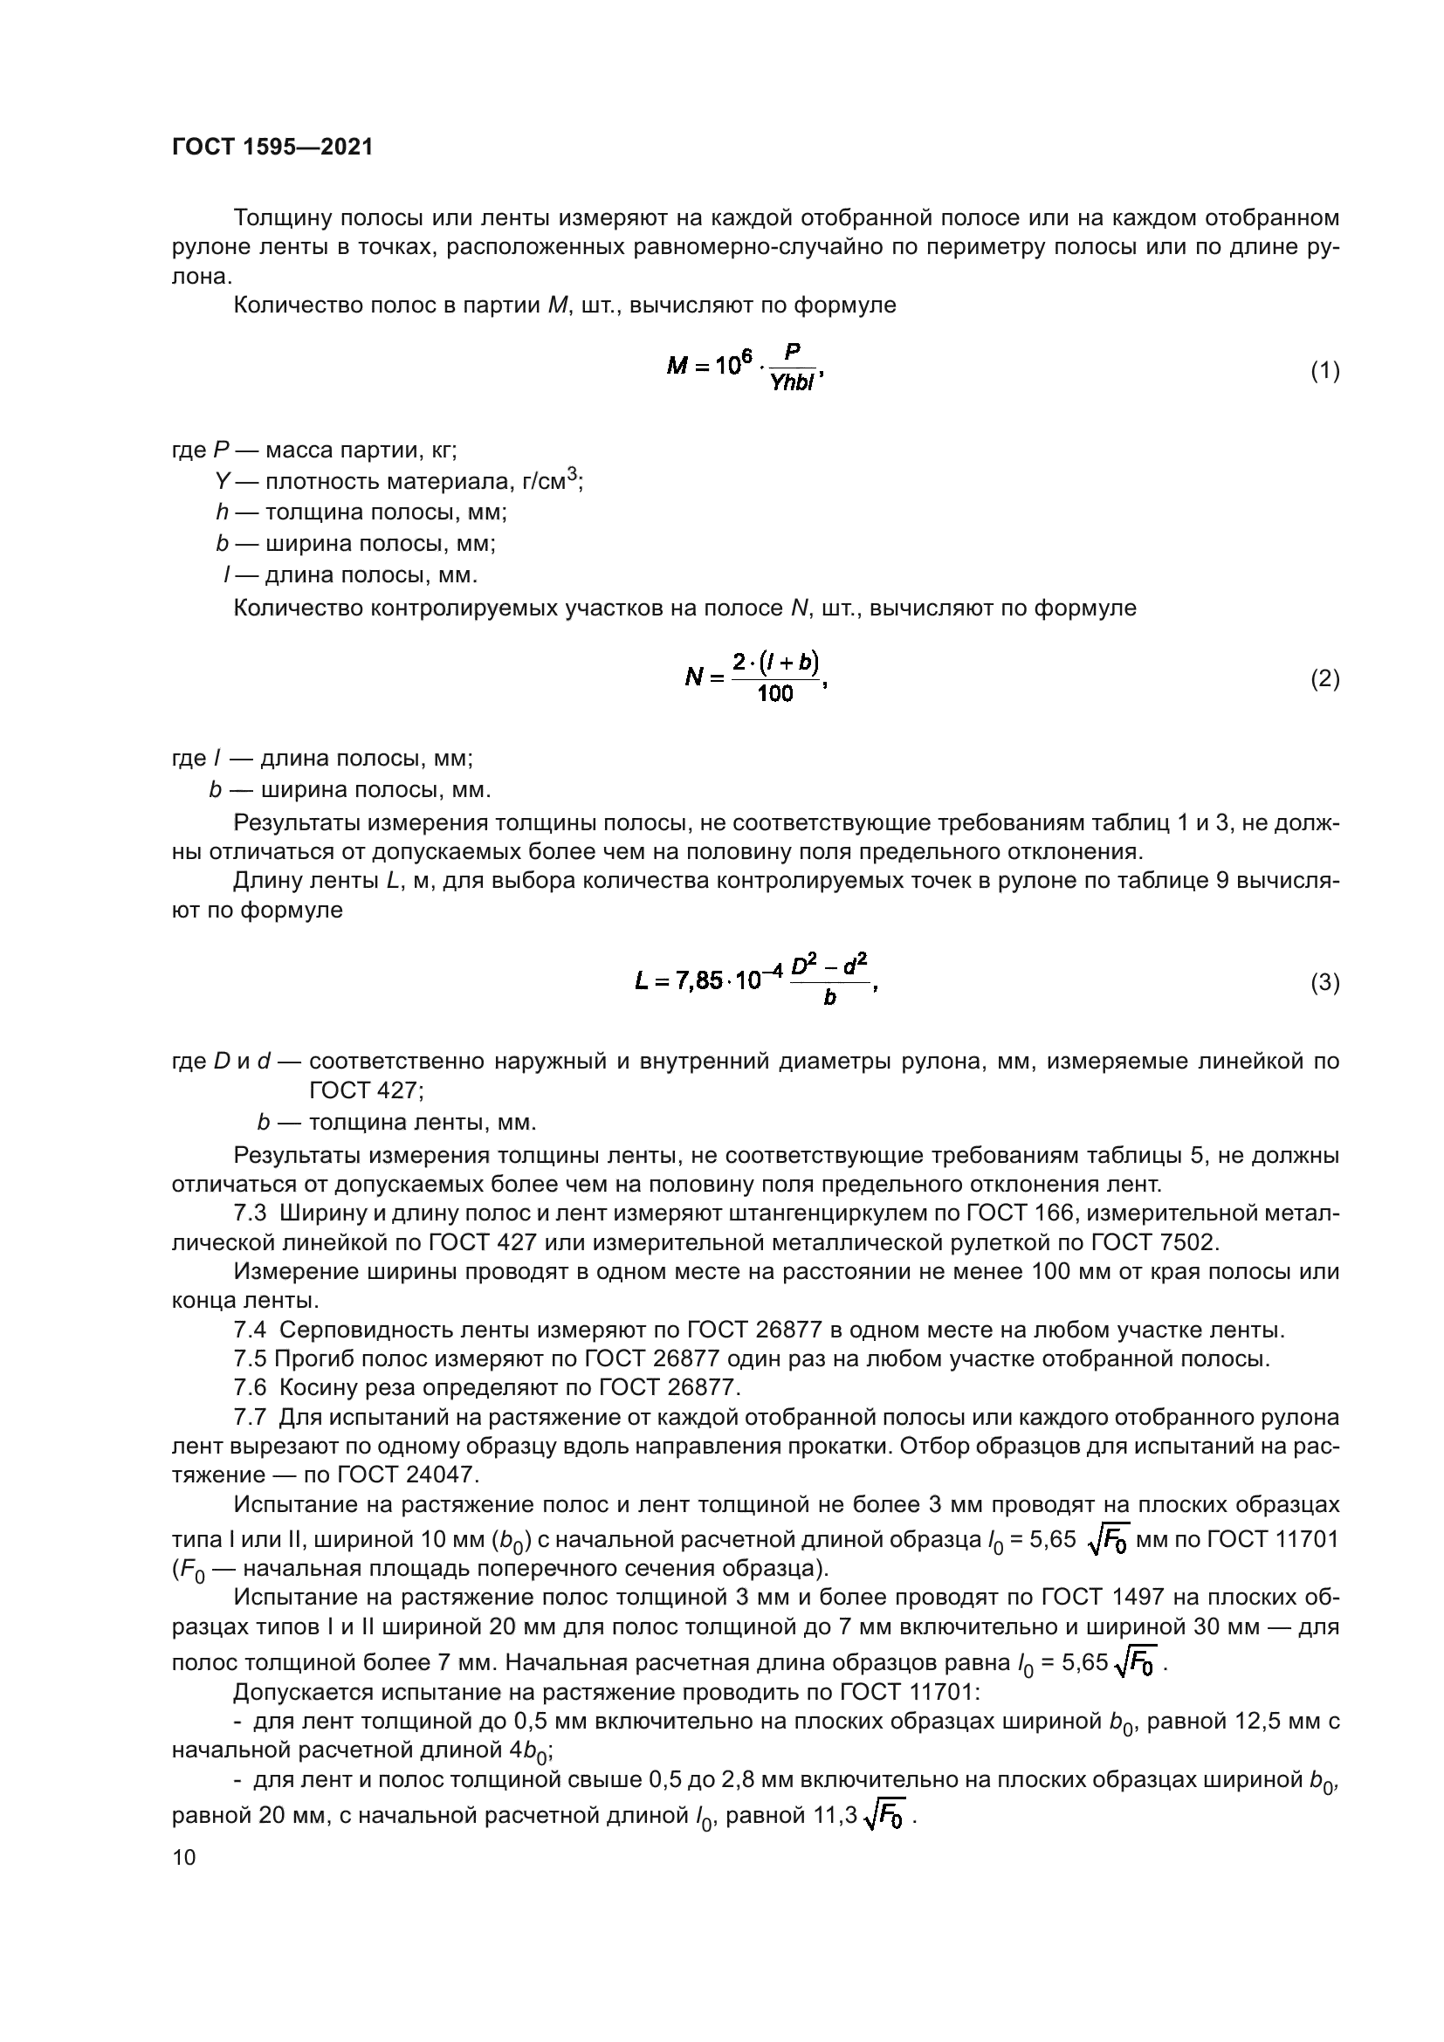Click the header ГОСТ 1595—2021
[x=272, y=147]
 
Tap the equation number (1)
[x=1325, y=371]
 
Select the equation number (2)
[x=1325, y=679]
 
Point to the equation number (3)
[x=1325, y=983]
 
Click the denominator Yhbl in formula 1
[x=792, y=385]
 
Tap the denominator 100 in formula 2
[x=775, y=695]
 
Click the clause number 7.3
[x=250, y=1214]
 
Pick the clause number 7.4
[x=250, y=1331]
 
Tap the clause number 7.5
[x=250, y=1360]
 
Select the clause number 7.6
[x=250, y=1388]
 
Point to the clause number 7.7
[x=250, y=1418]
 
